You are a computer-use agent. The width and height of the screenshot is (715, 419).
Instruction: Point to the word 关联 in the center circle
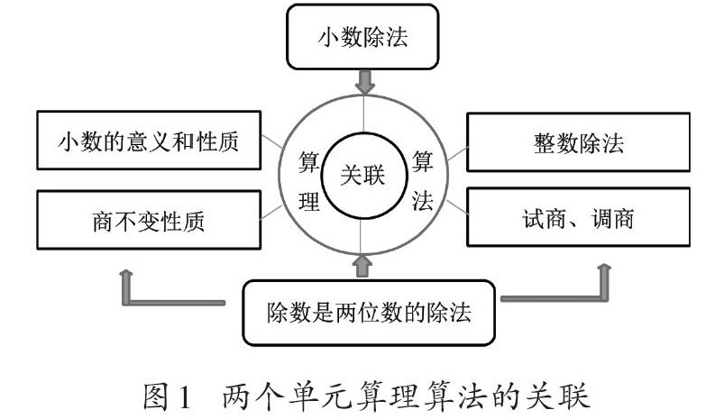point(362,175)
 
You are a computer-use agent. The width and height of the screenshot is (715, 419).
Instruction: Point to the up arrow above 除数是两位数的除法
point(363,265)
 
